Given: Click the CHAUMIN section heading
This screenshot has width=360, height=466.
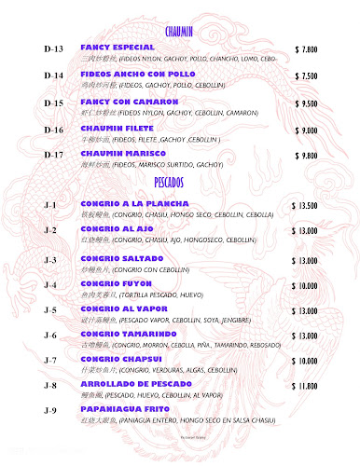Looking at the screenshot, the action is (179, 31).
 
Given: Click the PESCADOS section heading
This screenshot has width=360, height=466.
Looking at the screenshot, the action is (179, 179).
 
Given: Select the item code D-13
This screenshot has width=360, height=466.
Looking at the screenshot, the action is (54, 48).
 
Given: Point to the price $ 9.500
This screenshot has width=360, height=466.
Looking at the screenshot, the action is (306, 103).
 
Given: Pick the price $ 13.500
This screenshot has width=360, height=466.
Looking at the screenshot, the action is (304, 205).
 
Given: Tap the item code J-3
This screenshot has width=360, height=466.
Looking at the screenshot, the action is (50, 260).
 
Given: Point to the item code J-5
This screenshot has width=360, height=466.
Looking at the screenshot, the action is (50, 309).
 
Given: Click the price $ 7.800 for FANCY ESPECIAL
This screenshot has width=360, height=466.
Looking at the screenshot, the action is (306, 48).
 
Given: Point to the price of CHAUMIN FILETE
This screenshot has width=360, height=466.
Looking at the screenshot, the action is (306, 130).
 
